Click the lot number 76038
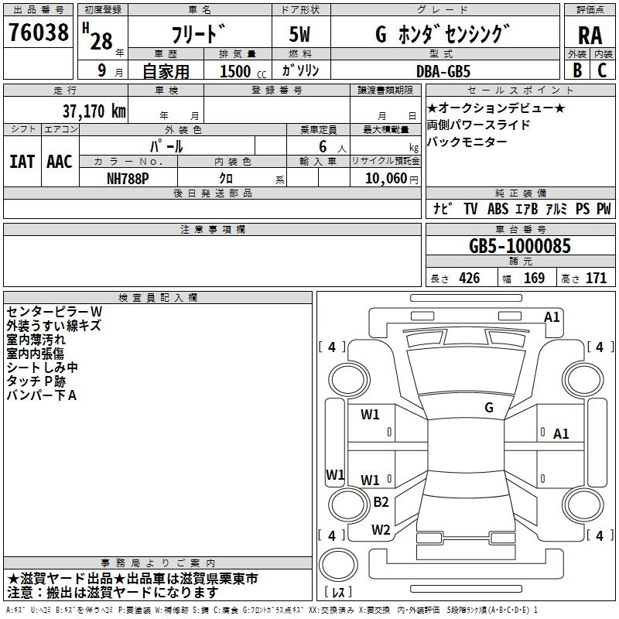[38, 32]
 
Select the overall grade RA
[590, 36]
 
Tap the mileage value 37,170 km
[94, 111]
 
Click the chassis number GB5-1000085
[519, 246]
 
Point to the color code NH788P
[128, 179]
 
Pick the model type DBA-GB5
[443, 71]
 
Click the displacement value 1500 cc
[243, 71]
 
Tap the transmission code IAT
[22, 162]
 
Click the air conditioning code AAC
[60, 162]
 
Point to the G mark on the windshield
[489, 408]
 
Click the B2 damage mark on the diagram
[381, 502]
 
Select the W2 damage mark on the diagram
[381, 529]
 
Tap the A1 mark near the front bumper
[552, 317]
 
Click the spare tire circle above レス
[338, 565]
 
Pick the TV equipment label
[470, 208]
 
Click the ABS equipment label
[498, 208]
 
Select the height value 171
[596, 278]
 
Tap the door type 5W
[299, 35]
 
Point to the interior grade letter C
[602, 70]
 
